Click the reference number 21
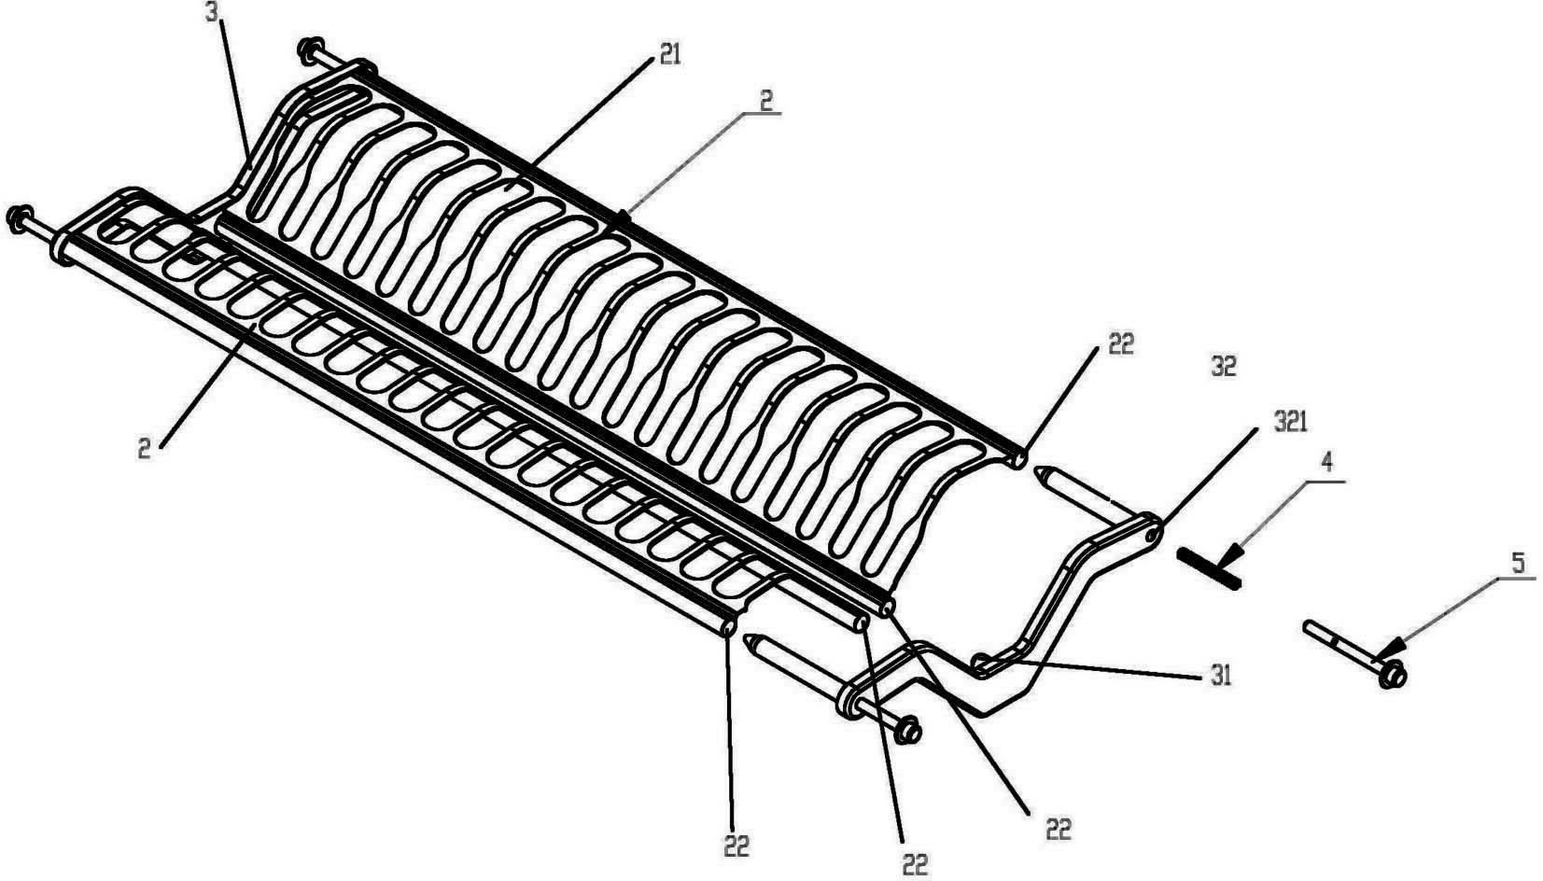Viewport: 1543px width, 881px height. tap(668, 55)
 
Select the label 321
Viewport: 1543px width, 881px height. tap(1288, 422)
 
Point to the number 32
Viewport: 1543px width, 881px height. tap(1223, 367)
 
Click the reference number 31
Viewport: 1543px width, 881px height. tap(1221, 674)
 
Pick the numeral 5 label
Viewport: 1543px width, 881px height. tap(1517, 562)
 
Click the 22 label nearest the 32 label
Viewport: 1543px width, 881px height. tap(1120, 343)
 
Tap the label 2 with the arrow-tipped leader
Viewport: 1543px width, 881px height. tap(764, 100)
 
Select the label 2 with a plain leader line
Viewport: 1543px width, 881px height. tap(144, 449)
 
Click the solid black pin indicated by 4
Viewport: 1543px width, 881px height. tap(1209, 568)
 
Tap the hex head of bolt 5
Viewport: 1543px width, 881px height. tap(1394, 673)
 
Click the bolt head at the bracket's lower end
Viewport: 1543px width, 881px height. tap(906, 731)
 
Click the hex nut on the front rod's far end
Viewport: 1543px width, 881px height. tap(16, 217)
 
